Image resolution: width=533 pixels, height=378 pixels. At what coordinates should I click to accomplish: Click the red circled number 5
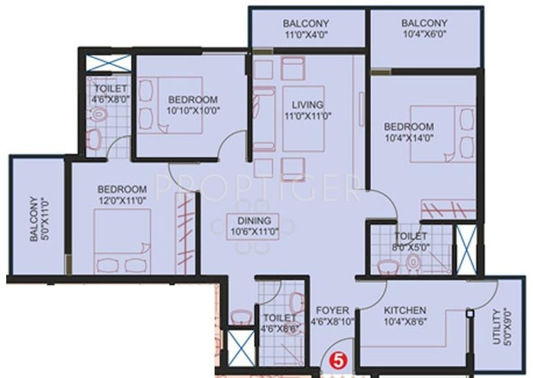338,360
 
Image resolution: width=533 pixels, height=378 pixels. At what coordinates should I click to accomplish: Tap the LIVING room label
307,104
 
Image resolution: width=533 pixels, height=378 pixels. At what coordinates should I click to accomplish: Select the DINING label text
254,220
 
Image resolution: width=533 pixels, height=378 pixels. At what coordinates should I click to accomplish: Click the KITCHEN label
405,310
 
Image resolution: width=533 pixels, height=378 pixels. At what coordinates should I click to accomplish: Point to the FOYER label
332,310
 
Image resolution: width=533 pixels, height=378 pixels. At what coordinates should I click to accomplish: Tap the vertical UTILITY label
497,326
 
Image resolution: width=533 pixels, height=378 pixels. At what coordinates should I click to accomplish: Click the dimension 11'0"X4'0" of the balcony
305,35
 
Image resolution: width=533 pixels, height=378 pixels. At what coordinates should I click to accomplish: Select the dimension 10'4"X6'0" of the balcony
424,34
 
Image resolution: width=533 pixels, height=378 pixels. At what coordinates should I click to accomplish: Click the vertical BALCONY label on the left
33,219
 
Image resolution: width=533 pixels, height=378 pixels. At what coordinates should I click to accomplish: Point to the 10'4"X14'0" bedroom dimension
409,138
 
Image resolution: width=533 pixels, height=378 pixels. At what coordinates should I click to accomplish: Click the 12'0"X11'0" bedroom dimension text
122,200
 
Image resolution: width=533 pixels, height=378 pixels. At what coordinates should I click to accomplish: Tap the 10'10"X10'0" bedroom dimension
193,111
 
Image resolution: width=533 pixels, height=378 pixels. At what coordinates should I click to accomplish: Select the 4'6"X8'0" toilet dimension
111,100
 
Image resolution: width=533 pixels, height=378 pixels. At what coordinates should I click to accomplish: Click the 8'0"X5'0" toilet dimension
410,247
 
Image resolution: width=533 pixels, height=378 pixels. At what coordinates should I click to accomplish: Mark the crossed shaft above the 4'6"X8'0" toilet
108,63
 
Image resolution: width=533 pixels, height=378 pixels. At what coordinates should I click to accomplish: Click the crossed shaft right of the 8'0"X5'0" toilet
467,249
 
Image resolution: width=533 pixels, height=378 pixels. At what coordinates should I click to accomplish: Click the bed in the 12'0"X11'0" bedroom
123,241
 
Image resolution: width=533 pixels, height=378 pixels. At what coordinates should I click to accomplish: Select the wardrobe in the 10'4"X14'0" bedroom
449,209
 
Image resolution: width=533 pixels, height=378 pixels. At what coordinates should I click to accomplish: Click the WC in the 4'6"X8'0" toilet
98,114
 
